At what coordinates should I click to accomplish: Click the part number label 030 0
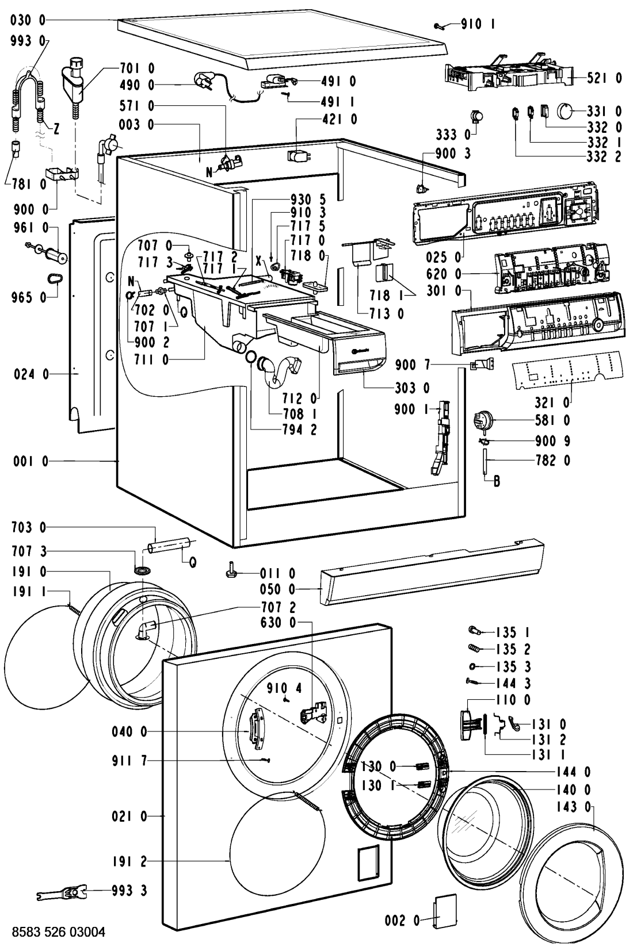27,20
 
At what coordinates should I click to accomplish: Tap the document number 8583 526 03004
59,931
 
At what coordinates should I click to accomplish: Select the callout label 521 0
604,78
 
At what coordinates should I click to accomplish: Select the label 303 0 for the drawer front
412,388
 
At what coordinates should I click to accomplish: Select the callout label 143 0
573,807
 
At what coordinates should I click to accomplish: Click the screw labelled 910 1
440,26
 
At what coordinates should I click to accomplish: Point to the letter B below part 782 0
497,481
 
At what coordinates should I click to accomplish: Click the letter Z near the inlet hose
56,129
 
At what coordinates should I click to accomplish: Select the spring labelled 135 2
475,647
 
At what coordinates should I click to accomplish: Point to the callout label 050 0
277,589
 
